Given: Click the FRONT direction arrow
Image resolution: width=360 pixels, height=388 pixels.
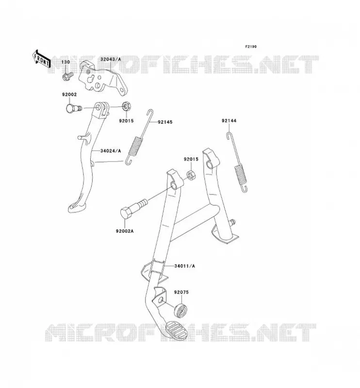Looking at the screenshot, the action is click(41, 59).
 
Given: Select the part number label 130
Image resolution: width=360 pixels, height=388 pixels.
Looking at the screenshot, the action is click(65, 62).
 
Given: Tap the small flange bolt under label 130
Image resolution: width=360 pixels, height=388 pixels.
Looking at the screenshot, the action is click(67, 76).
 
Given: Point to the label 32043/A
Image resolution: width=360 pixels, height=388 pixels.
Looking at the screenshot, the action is click(111, 59).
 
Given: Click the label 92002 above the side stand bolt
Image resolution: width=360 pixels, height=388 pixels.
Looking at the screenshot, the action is click(69, 95).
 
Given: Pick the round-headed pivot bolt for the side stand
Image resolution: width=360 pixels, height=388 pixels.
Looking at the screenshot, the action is click(74, 108).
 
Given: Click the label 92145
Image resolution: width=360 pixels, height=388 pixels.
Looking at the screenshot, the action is click(165, 122).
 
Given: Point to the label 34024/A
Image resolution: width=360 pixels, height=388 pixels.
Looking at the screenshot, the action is click(111, 151).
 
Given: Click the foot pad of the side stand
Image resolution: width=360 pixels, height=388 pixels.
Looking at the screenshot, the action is click(77, 208).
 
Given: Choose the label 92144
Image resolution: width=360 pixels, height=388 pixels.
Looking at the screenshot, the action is click(229, 121).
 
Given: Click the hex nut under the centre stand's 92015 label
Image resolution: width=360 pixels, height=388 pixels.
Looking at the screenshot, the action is click(191, 176).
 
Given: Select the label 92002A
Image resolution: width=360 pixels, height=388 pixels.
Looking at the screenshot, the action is click(125, 231).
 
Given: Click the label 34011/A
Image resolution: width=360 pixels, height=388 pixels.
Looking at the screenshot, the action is click(184, 266).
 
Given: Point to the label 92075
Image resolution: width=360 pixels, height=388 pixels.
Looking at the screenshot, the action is click(181, 292).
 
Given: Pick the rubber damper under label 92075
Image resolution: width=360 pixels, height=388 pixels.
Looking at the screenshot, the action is click(180, 310).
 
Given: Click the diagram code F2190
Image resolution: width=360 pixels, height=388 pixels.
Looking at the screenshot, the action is click(251, 47).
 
